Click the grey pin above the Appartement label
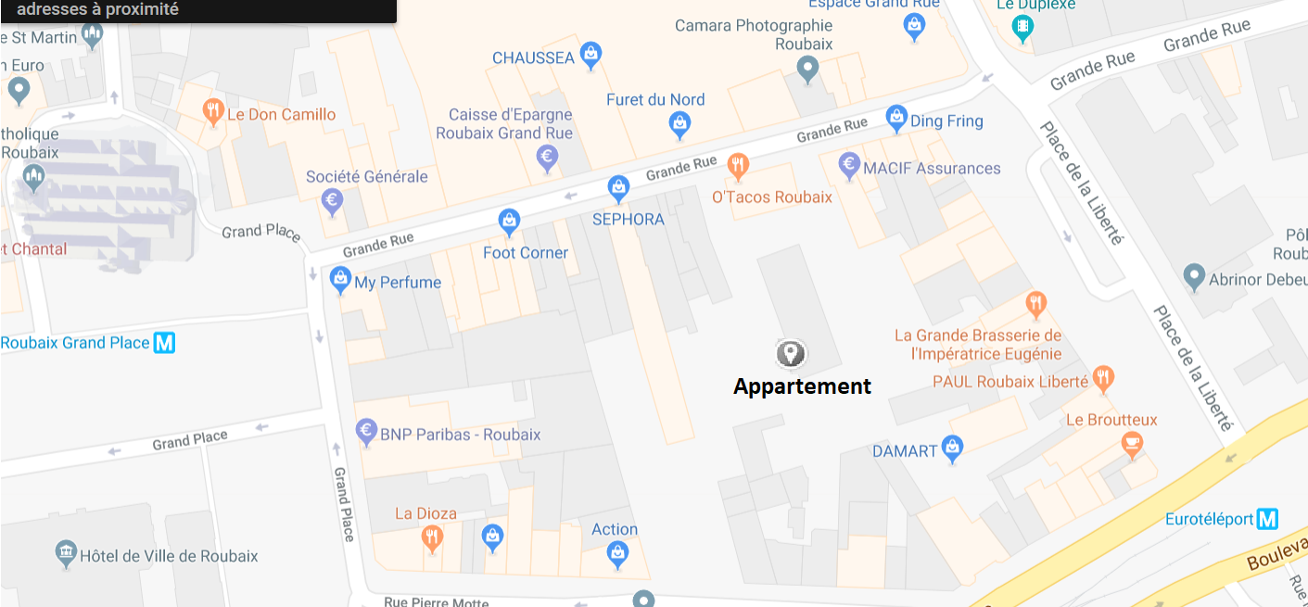tap(790, 352)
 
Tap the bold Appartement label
tap(802, 386)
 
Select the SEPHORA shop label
tap(629, 220)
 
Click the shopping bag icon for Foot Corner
tap(509, 221)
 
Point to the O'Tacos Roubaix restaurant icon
tap(738, 166)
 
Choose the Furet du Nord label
tap(655, 99)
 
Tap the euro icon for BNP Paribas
tap(366, 431)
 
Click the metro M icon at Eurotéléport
tap(1267, 519)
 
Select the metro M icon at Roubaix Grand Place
tap(164, 343)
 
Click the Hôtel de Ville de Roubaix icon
tap(66, 554)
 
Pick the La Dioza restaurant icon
tap(431, 536)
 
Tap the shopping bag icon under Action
tap(617, 553)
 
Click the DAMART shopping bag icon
tap(952, 449)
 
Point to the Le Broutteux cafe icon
tap(1131, 444)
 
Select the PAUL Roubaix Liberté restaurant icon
tap(1102, 377)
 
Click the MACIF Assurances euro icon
tap(849, 166)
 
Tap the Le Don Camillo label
tap(281, 115)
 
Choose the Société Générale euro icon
tap(332, 199)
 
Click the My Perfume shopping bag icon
tap(340, 279)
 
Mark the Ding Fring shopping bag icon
tap(895, 118)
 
